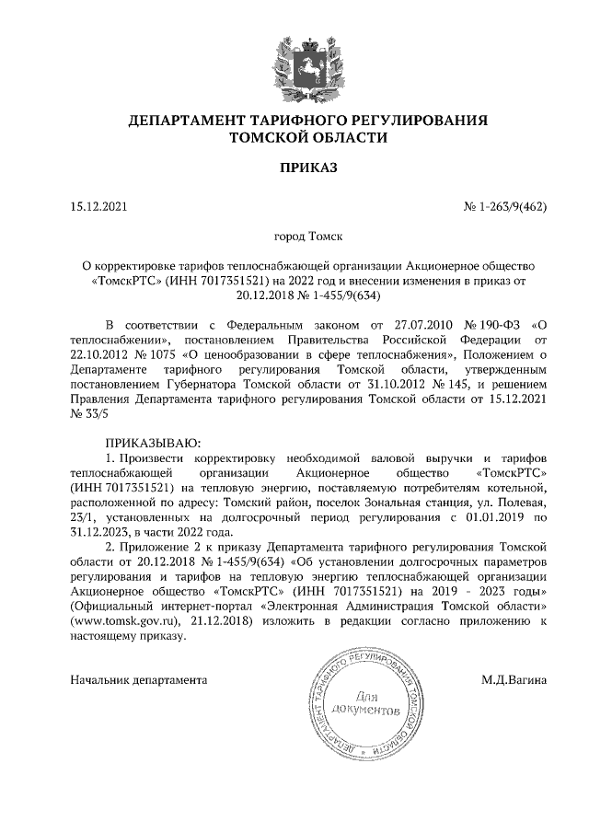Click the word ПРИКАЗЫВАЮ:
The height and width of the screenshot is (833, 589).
(x=153, y=443)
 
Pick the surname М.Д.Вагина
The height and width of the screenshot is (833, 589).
(x=514, y=680)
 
